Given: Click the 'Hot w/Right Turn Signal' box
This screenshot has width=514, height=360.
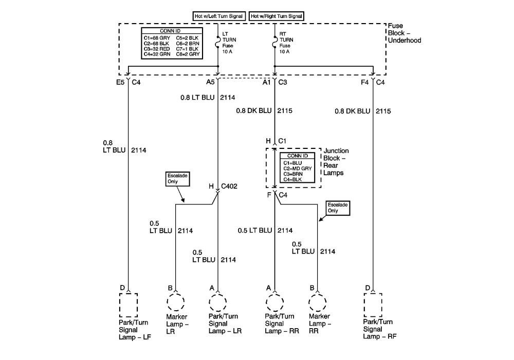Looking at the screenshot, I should pos(277,16).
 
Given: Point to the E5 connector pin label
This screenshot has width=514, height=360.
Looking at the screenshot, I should pos(120,82).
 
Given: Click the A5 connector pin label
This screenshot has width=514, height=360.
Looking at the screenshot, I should pos(210,82).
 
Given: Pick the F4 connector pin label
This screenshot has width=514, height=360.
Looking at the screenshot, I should pos(365,82).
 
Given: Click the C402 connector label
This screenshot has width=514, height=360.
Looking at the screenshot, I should pos(229,186).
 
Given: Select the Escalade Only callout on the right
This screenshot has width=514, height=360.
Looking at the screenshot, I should pos(338,207).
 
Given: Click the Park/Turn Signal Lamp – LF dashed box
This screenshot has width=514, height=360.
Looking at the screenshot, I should pos(128,305).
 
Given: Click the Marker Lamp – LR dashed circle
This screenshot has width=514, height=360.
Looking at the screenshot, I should pos(176,302).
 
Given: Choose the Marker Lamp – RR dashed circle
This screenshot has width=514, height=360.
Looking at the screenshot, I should pos(318,302).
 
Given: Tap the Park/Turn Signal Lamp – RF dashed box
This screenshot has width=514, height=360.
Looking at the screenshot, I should pos(373,305).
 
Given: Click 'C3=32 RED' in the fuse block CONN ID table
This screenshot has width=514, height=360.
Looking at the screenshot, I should pos(157,49).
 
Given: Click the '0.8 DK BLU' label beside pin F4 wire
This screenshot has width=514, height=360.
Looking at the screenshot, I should pos(352,111).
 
